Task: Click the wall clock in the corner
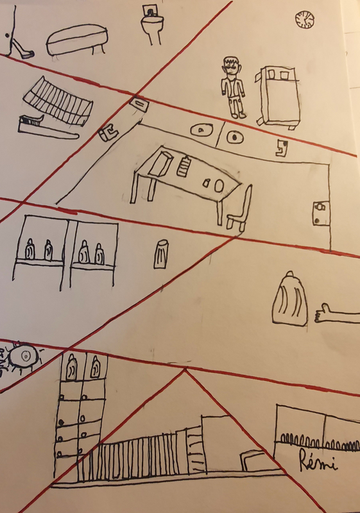[x=304, y=19]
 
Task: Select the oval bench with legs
[x=77, y=40]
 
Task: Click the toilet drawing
[x=152, y=24]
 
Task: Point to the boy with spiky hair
[x=234, y=87]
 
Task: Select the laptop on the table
[x=161, y=163]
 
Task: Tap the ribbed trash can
[x=161, y=254]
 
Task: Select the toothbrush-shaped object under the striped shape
[x=46, y=128]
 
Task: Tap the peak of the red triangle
[x=185, y=370]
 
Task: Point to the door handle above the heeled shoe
[x=7, y=35]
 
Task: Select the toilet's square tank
[x=151, y=11]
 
